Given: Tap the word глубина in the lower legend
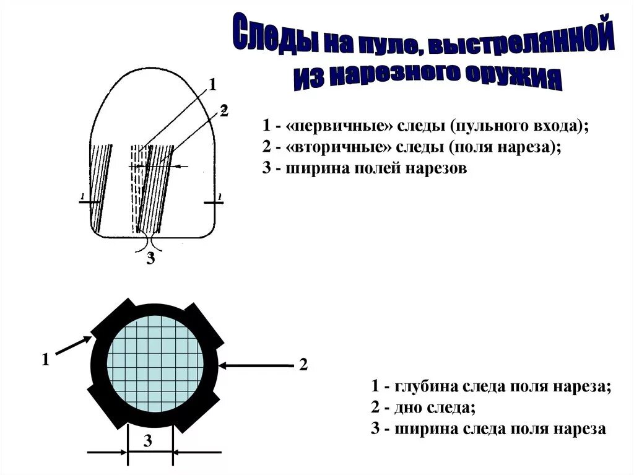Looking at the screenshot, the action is point(423,386).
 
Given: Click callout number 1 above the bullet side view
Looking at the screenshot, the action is point(212,85).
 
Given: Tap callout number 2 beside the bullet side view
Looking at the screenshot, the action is point(224,111).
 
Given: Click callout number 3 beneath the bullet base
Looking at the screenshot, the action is point(150,258).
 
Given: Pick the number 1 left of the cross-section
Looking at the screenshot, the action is point(45,359).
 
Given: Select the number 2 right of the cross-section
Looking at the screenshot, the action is point(303,365).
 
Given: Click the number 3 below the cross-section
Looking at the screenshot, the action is point(148,441).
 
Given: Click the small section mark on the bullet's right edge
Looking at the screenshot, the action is point(214,201).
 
